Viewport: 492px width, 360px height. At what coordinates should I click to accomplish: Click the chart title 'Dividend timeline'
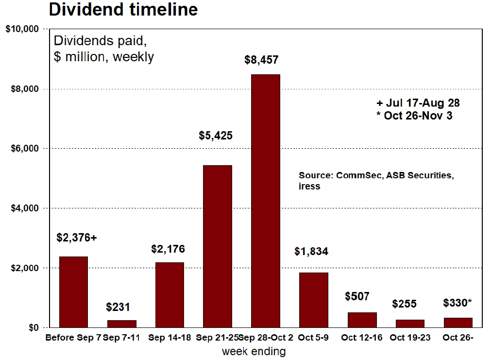[x=123, y=10]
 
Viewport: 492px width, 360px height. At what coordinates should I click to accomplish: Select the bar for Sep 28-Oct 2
[x=265, y=201]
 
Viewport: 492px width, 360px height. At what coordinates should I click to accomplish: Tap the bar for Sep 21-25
[x=217, y=246]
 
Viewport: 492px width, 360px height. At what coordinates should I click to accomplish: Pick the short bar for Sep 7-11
[x=121, y=324]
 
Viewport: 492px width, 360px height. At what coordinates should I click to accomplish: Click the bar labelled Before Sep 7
[x=73, y=292]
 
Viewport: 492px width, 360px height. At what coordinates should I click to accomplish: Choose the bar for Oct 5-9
[x=313, y=300]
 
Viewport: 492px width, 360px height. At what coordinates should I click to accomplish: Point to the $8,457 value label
[x=261, y=60]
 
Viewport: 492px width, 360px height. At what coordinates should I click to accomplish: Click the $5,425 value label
[x=216, y=136]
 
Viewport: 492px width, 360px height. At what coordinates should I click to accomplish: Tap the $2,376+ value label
[x=77, y=238]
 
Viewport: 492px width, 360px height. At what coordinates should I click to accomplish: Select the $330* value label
[x=458, y=303]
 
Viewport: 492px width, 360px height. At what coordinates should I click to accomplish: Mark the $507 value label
[x=357, y=296]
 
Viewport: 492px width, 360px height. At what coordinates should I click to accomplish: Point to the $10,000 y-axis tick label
[x=22, y=29]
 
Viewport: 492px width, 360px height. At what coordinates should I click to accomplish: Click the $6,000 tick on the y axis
[x=24, y=148]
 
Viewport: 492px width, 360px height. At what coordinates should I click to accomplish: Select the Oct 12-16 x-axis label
[x=361, y=338]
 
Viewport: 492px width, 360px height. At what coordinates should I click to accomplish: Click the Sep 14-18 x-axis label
[x=169, y=338]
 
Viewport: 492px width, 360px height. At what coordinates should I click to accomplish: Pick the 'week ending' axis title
[x=254, y=351]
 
